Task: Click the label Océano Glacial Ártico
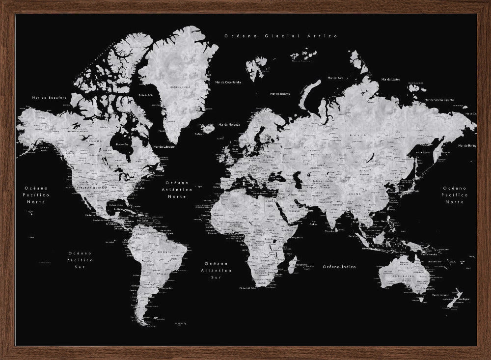pyautogui.click(x=280, y=36)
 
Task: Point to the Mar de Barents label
pyautogui.click(x=281, y=93)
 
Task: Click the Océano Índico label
pyautogui.click(x=339, y=267)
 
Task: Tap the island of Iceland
pyautogui.click(x=208, y=128)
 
